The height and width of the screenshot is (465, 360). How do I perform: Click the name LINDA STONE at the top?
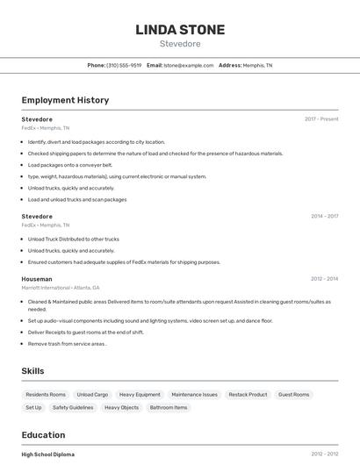pos(180,30)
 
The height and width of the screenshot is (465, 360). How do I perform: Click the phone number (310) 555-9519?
pos(124,65)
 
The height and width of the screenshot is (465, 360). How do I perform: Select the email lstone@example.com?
pos(189,65)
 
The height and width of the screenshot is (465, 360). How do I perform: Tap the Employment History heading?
pos(65,100)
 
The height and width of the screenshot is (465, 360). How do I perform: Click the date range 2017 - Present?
pos(321,119)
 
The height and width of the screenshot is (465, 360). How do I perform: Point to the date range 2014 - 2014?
pos(324,216)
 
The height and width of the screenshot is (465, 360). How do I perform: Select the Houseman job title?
pos(37,279)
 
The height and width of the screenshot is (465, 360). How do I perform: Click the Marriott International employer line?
pos(61,288)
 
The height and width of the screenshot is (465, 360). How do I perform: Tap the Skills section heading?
pos(33,371)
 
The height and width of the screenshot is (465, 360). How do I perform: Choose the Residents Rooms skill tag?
pos(46,395)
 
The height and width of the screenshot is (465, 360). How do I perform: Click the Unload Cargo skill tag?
pos(92,395)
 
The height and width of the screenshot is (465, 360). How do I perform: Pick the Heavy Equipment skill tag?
pos(140,395)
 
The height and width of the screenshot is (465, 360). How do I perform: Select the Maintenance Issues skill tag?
pos(194,395)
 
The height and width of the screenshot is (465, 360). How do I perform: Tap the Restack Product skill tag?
pos(248,395)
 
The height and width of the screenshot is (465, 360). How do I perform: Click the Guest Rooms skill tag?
pos(293,395)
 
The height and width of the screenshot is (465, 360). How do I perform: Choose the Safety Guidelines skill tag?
pos(73,407)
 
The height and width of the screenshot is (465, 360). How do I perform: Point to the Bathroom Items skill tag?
pos(168,407)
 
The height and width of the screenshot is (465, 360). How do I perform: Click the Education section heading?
pos(43,435)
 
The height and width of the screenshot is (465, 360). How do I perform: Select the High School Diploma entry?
pos(48,454)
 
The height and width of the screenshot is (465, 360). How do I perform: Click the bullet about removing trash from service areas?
pos(67,344)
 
